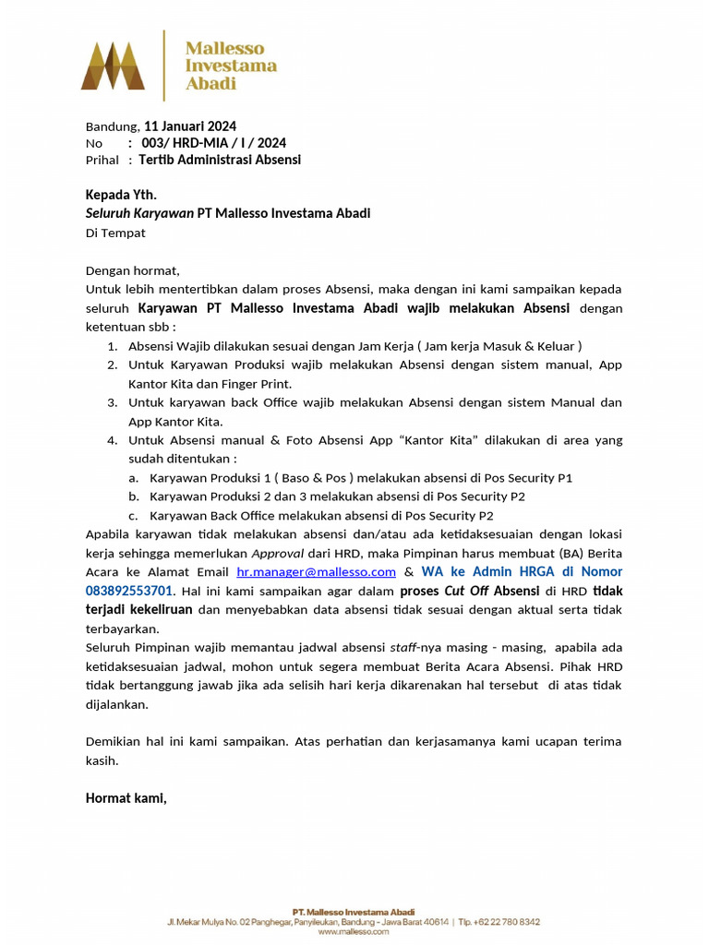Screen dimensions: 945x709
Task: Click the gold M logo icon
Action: pos(113,66)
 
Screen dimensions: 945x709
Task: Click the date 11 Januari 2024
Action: pos(190,126)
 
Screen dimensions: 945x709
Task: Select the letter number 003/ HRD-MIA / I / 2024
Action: pos(213,143)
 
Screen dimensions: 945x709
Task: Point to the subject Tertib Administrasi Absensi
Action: pos(220,160)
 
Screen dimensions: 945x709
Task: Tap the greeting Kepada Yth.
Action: pos(121,195)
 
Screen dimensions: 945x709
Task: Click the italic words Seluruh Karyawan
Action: pos(139,213)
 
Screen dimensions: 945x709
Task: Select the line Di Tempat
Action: pos(115,233)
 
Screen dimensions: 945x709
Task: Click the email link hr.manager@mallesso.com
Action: pos(316,572)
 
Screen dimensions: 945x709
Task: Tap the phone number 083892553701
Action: pos(129,591)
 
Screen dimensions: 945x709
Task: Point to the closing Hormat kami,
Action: pos(126,797)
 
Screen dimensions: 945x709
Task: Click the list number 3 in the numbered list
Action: pos(111,402)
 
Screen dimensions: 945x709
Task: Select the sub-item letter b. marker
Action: pos(134,496)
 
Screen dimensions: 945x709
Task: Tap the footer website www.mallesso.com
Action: pos(354,932)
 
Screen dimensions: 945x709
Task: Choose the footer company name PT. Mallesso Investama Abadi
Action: pos(354,911)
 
